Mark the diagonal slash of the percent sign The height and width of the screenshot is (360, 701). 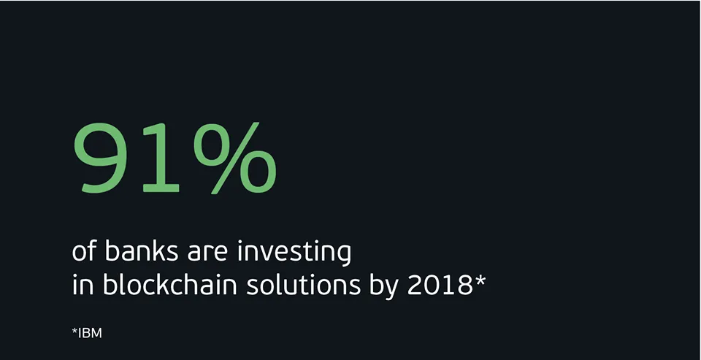235,158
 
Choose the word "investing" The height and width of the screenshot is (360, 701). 294,253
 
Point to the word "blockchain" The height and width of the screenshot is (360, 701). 170,285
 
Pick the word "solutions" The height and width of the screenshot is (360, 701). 304,285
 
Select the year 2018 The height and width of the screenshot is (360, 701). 440,286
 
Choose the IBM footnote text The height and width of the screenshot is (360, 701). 87,333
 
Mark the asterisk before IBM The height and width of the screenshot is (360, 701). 74,332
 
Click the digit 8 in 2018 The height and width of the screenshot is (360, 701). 464,286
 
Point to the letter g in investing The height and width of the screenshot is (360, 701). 343,256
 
